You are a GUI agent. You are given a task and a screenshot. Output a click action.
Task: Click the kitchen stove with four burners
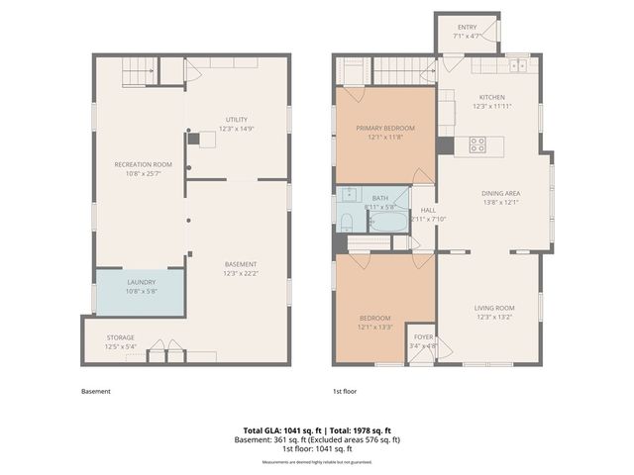pyautogui.click(x=476, y=142)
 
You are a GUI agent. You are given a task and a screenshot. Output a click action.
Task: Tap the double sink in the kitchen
pyautogui.click(x=518, y=66)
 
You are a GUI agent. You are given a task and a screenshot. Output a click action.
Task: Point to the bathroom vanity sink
pyautogui.click(x=348, y=194)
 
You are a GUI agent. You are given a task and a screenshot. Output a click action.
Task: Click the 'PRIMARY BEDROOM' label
pyautogui.click(x=385, y=128)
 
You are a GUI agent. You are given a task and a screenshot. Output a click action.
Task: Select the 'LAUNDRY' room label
pyautogui.click(x=141, y=282)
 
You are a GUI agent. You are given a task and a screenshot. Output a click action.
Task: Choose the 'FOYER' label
pyautogui.click(x=423, y=336)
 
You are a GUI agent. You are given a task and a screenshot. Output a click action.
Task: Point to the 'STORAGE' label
pyautogui.click(x=120, y=337)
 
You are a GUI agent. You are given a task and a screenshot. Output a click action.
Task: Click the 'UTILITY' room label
pyautogui.click(x=236, y=120)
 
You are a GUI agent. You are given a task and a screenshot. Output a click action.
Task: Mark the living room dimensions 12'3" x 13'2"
pyautogui.click(x=495, y=320)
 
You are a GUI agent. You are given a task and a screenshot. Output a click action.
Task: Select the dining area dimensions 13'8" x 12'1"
pyautogui.click(x=500, y=202)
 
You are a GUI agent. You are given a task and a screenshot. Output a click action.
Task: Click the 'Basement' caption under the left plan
pyautogui.click(x=96, y=392)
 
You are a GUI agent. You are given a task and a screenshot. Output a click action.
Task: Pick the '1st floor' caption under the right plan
pyautogui.click(x=344, y=392)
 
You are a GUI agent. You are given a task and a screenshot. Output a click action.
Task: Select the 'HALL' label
pyautogui.click(x=428, y=210)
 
